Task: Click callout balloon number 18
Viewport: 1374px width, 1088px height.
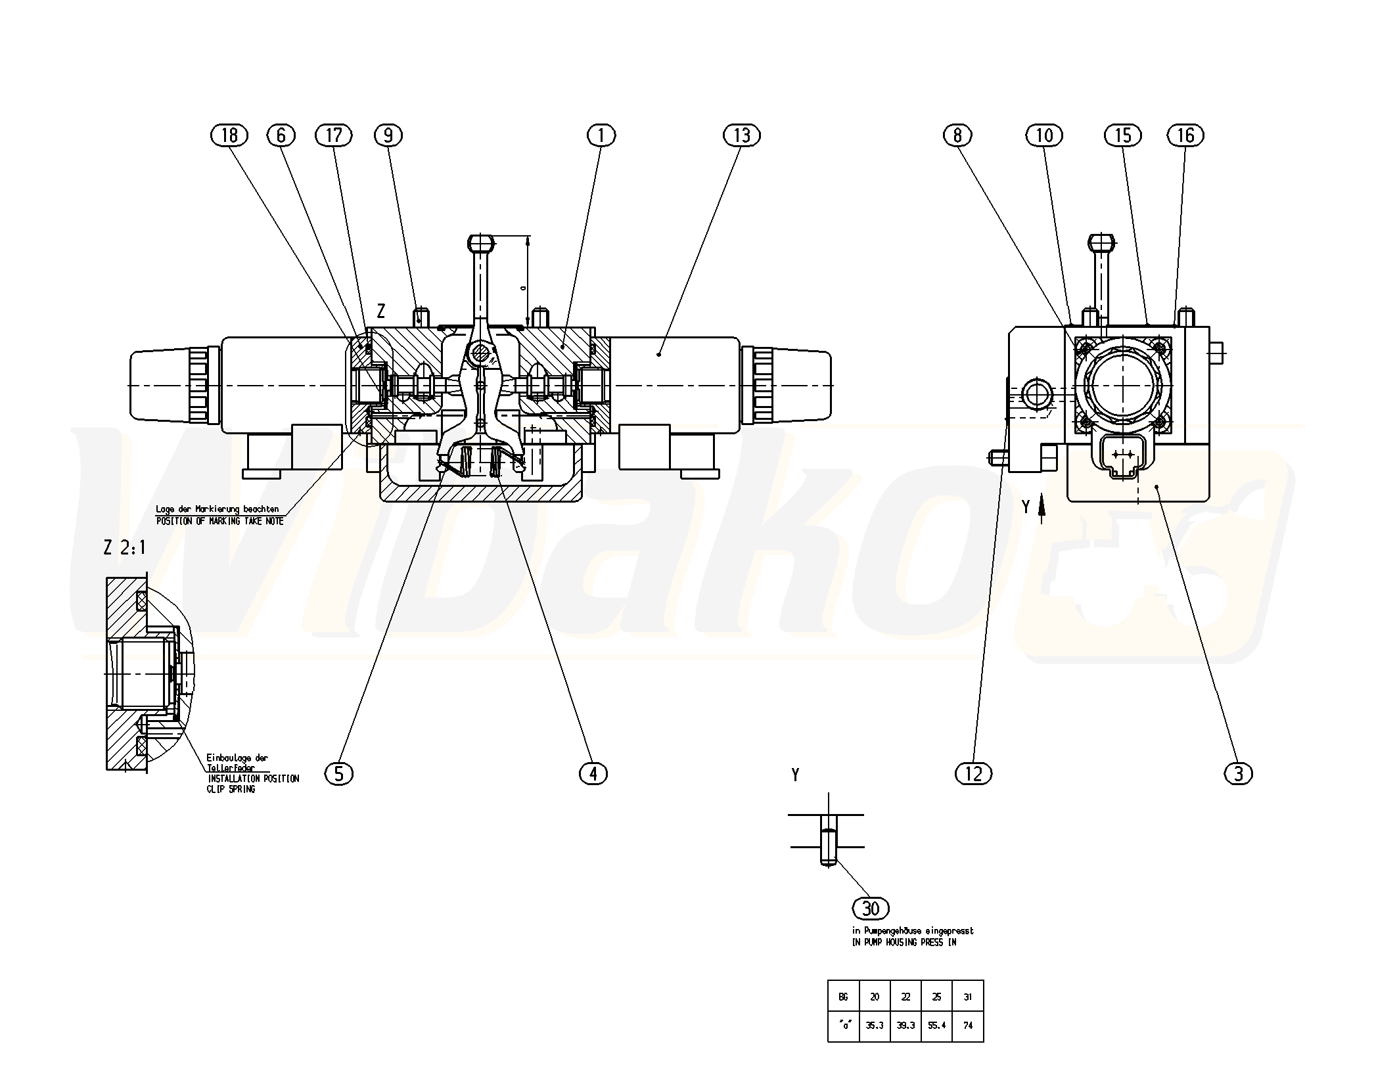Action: point(229,135)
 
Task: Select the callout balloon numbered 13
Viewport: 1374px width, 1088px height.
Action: point(742,135)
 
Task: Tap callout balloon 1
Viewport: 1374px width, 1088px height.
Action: point(601,135)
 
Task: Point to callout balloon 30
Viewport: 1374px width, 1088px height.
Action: point(871,909)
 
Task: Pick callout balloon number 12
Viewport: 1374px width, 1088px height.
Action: point(973,774)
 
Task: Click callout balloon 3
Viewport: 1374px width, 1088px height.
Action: point(1239,774)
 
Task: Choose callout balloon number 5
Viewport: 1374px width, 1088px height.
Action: point(339,774)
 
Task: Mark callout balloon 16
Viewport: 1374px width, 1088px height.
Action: point(1185,135)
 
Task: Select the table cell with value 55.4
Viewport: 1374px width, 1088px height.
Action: point(936,1025)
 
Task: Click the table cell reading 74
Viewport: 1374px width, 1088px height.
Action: point(968,1025)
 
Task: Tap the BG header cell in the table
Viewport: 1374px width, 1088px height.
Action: point(843,997)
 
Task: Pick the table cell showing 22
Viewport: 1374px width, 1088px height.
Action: point(905,997)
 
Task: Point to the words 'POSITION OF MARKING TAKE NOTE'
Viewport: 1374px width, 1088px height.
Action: point(219,521)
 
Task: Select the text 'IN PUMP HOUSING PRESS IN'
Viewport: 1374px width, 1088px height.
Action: point(904,942)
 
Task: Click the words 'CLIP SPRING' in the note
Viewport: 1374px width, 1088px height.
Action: point(231,789)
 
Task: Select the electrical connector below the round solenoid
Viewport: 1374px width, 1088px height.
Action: point(1116,455)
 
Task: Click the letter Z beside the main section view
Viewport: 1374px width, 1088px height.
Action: point(380,311)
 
